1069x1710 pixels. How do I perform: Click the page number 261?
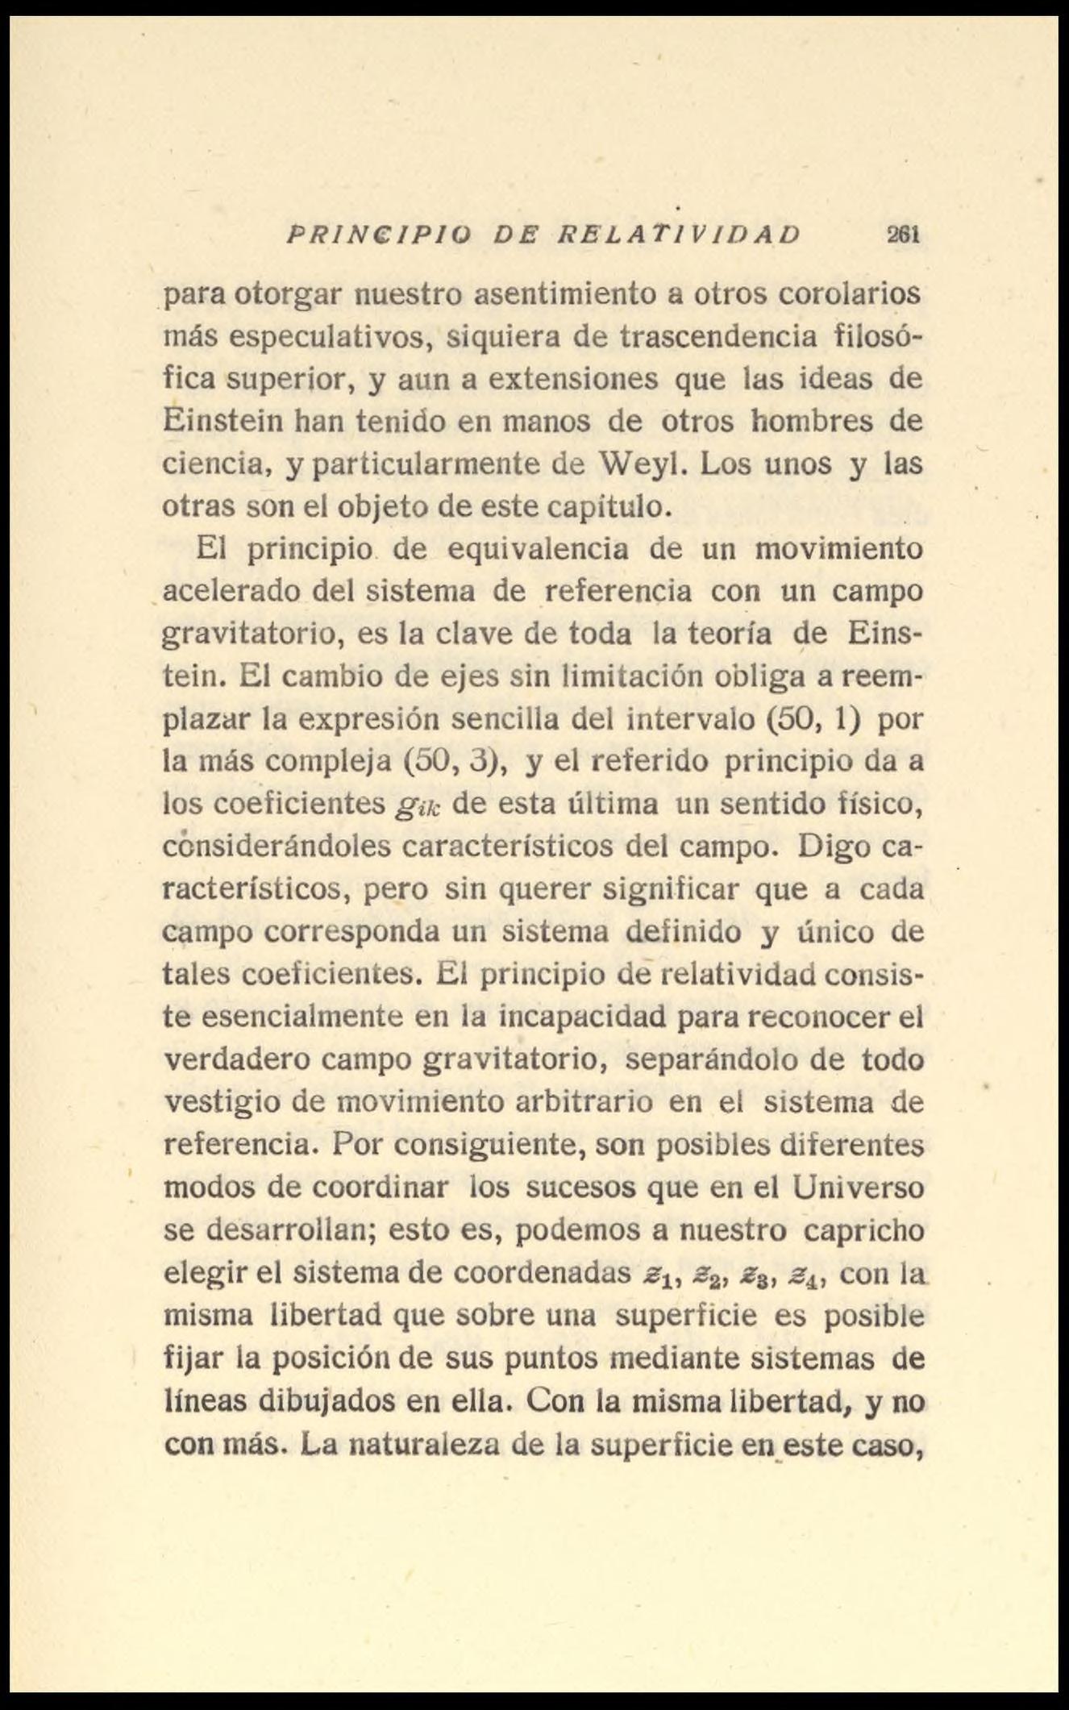[x=905, y=235]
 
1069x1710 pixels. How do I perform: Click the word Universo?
[x=859, y=1188]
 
